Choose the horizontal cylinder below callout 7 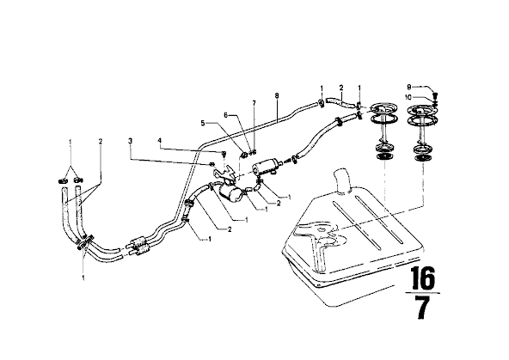coord(266,165)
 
